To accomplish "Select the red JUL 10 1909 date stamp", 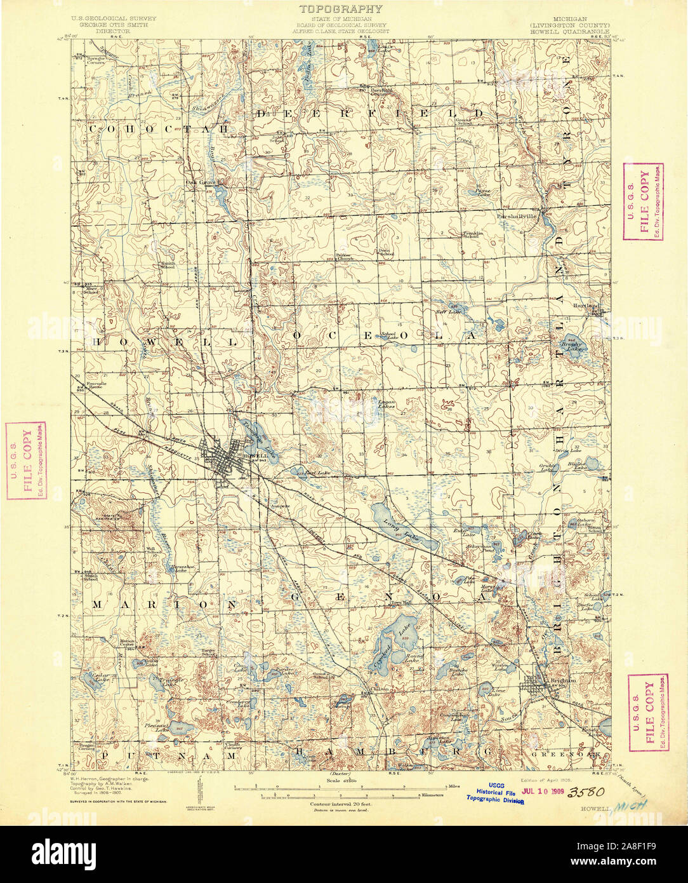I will point(542,792).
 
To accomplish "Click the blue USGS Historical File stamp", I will point(497,793).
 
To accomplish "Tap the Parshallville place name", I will point(517,215).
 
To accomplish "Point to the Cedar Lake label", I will point(102,678).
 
